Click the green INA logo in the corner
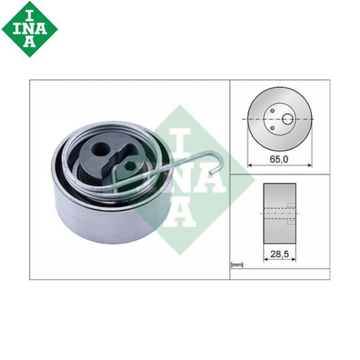pyautogui.click(x=30, y=29)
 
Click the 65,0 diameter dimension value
pyautogui.click(x=279, y=159)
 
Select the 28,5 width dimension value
pyautogui.click(x=279, y=254)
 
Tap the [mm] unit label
pyautogui.click(x=237, y=265)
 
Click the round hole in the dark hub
pyautogui.click(x=100, y=149)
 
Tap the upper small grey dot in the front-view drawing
pyautogui.click(x=272, y=111)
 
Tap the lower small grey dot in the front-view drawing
pyautogui.click(x=272, y=128)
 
